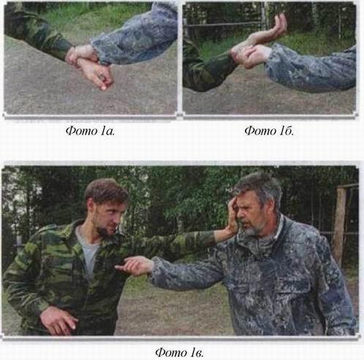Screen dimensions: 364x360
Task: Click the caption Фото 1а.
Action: coord(91,131)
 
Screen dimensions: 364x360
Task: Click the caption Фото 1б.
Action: coord(270,131)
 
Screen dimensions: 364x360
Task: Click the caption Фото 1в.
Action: coord(179,353)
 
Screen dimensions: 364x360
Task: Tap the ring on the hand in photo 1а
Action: coord(102,78)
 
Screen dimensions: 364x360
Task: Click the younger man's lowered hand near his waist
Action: coord(58,320)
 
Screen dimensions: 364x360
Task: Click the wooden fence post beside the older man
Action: coord(339,225)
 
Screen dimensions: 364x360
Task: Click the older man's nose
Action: coord(240,215)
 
